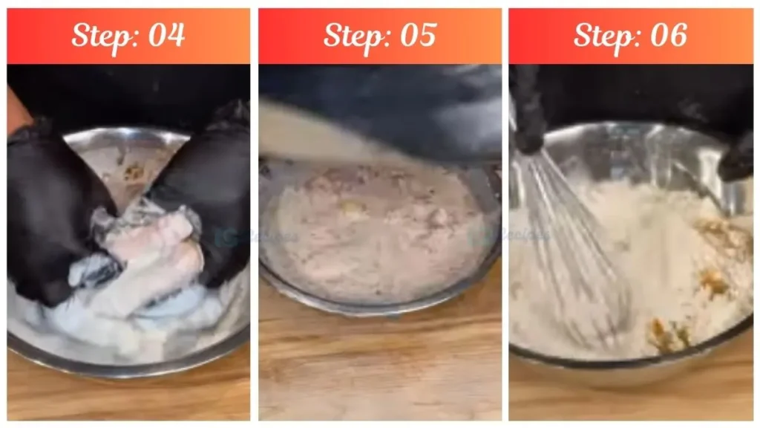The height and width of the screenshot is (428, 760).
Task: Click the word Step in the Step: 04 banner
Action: click(100, 35)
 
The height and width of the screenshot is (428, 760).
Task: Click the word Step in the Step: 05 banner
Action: click(352, 35)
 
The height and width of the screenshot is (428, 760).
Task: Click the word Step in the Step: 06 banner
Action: click(602, 35)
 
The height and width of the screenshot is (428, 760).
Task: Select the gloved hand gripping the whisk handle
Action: click(528, 111)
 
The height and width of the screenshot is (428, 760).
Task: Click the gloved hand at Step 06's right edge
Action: click(738, 156)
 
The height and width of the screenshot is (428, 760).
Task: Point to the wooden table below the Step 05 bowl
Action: click(379, 364)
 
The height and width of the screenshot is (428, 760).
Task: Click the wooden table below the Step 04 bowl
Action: click(126, 398)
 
